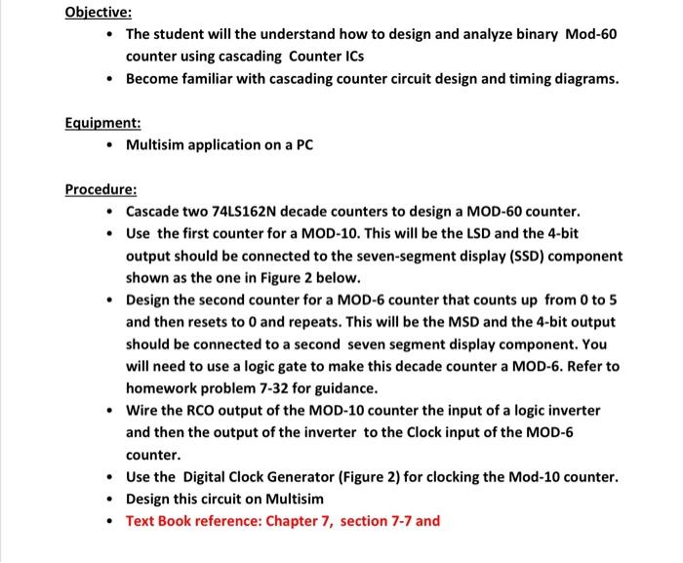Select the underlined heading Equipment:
pyautogui.click(x=102, y=124)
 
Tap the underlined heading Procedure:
pyautogui.click(x=101, y=188)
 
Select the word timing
pyautogui.click(x=528, y=79)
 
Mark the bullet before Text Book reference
pyautogui.click(x=113, y=521)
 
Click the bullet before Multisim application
pyautogui.click(x=113, y=146)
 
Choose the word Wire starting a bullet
pyautogui.click(x=143, y=411)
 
